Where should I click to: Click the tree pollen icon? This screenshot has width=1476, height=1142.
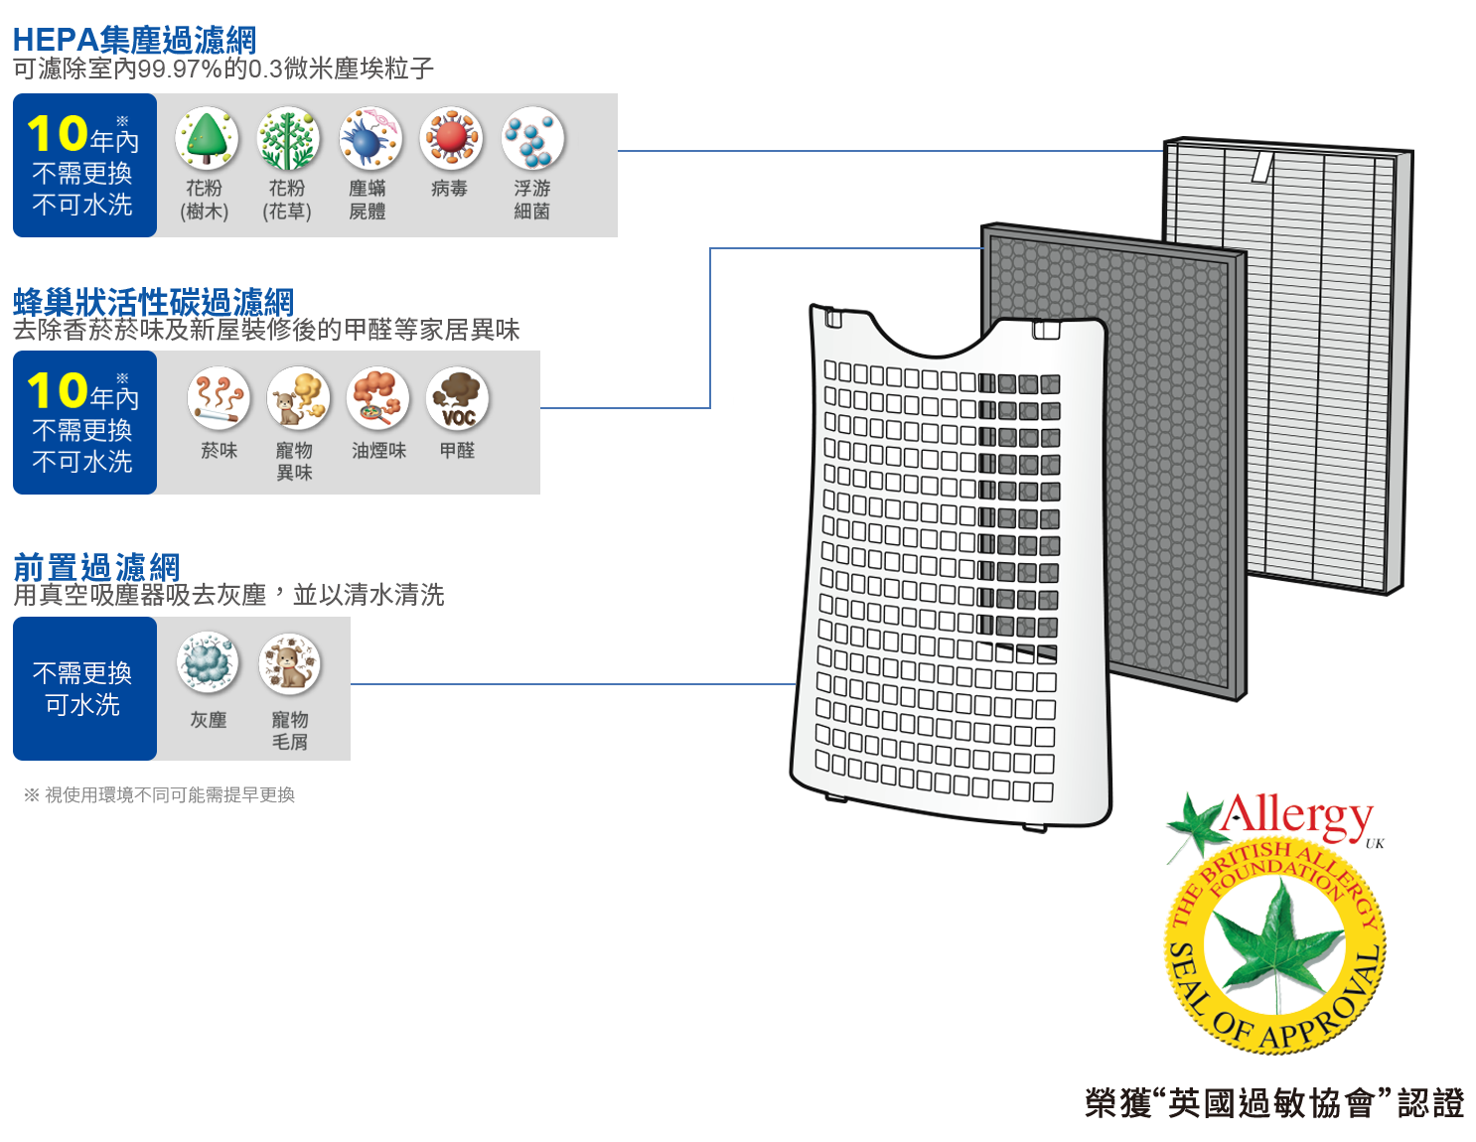point(207,139)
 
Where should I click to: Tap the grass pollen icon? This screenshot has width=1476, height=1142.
point(288,139)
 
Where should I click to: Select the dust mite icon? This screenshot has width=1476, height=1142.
point(369,139)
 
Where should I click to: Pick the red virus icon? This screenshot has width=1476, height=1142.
point(451,139)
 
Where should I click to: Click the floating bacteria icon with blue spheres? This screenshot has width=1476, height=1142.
point(532,139)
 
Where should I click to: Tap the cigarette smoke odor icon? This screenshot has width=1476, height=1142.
point(219,397)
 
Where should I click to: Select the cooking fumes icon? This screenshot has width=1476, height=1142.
point(377,397)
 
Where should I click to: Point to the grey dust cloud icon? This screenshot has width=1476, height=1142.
point(209,663)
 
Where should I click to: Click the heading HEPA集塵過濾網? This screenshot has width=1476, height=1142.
point(134,40)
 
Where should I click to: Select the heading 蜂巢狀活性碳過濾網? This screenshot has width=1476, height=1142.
point(154,301)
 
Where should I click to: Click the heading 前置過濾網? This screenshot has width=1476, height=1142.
point(96,567)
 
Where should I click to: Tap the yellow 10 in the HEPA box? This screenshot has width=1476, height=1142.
point(58,134)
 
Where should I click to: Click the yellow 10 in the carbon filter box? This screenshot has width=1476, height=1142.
point(58,391)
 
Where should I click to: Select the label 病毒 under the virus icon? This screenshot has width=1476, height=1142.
point(450,189)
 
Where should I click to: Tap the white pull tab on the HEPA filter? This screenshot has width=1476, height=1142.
point(1261,166)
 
